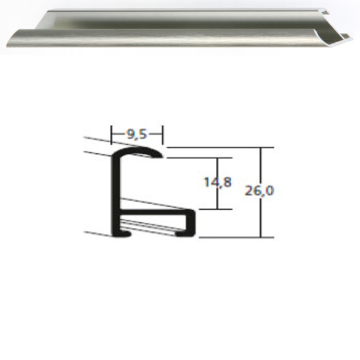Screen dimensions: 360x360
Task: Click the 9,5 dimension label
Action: (137, 133)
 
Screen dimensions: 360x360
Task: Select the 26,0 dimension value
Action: (259, 191)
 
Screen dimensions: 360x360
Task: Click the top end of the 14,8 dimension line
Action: (216, 158)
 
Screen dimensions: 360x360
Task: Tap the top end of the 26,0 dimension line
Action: (261, 148)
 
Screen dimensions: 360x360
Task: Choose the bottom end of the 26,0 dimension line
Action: (261, 237)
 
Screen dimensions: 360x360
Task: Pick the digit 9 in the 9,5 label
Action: (130, 133)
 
